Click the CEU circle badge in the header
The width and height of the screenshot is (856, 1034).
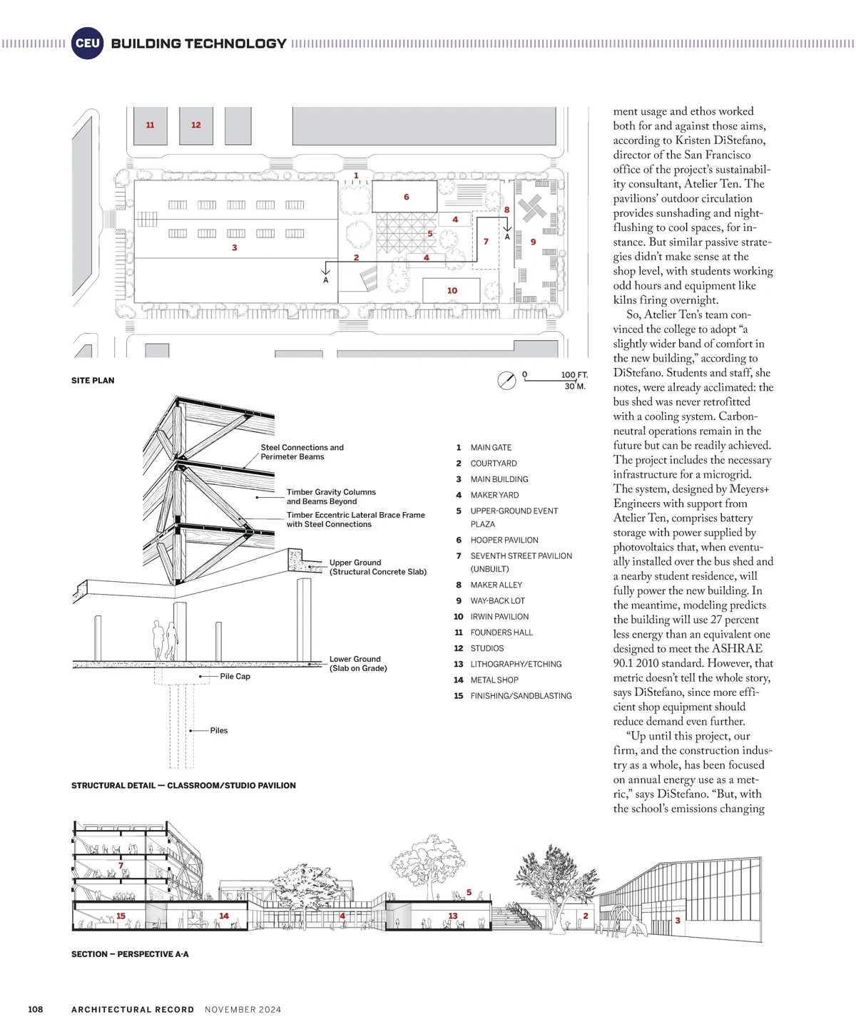87,43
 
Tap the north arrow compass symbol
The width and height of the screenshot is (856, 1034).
506,380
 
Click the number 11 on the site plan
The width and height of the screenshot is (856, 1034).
150,126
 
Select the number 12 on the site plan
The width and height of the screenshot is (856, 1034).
196,126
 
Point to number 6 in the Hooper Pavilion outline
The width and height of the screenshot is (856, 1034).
407,198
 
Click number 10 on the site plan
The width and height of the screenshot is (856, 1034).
452,291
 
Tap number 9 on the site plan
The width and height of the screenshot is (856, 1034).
533,242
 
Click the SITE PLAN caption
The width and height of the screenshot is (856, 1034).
93,381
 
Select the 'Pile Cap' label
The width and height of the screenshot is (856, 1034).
235,676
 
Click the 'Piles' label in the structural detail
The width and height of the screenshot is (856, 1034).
218,730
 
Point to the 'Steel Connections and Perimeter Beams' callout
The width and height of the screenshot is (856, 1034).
302,452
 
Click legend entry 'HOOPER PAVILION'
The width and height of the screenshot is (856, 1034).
504,541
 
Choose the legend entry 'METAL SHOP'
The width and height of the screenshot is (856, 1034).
494,680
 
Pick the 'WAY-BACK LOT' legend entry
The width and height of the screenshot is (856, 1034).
497,601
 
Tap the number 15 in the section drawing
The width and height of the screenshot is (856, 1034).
121,916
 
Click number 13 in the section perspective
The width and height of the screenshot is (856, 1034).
453,916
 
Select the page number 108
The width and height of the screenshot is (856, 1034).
35,1010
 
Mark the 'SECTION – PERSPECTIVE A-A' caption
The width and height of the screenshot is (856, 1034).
130,954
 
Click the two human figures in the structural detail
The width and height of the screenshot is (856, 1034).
165,639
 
